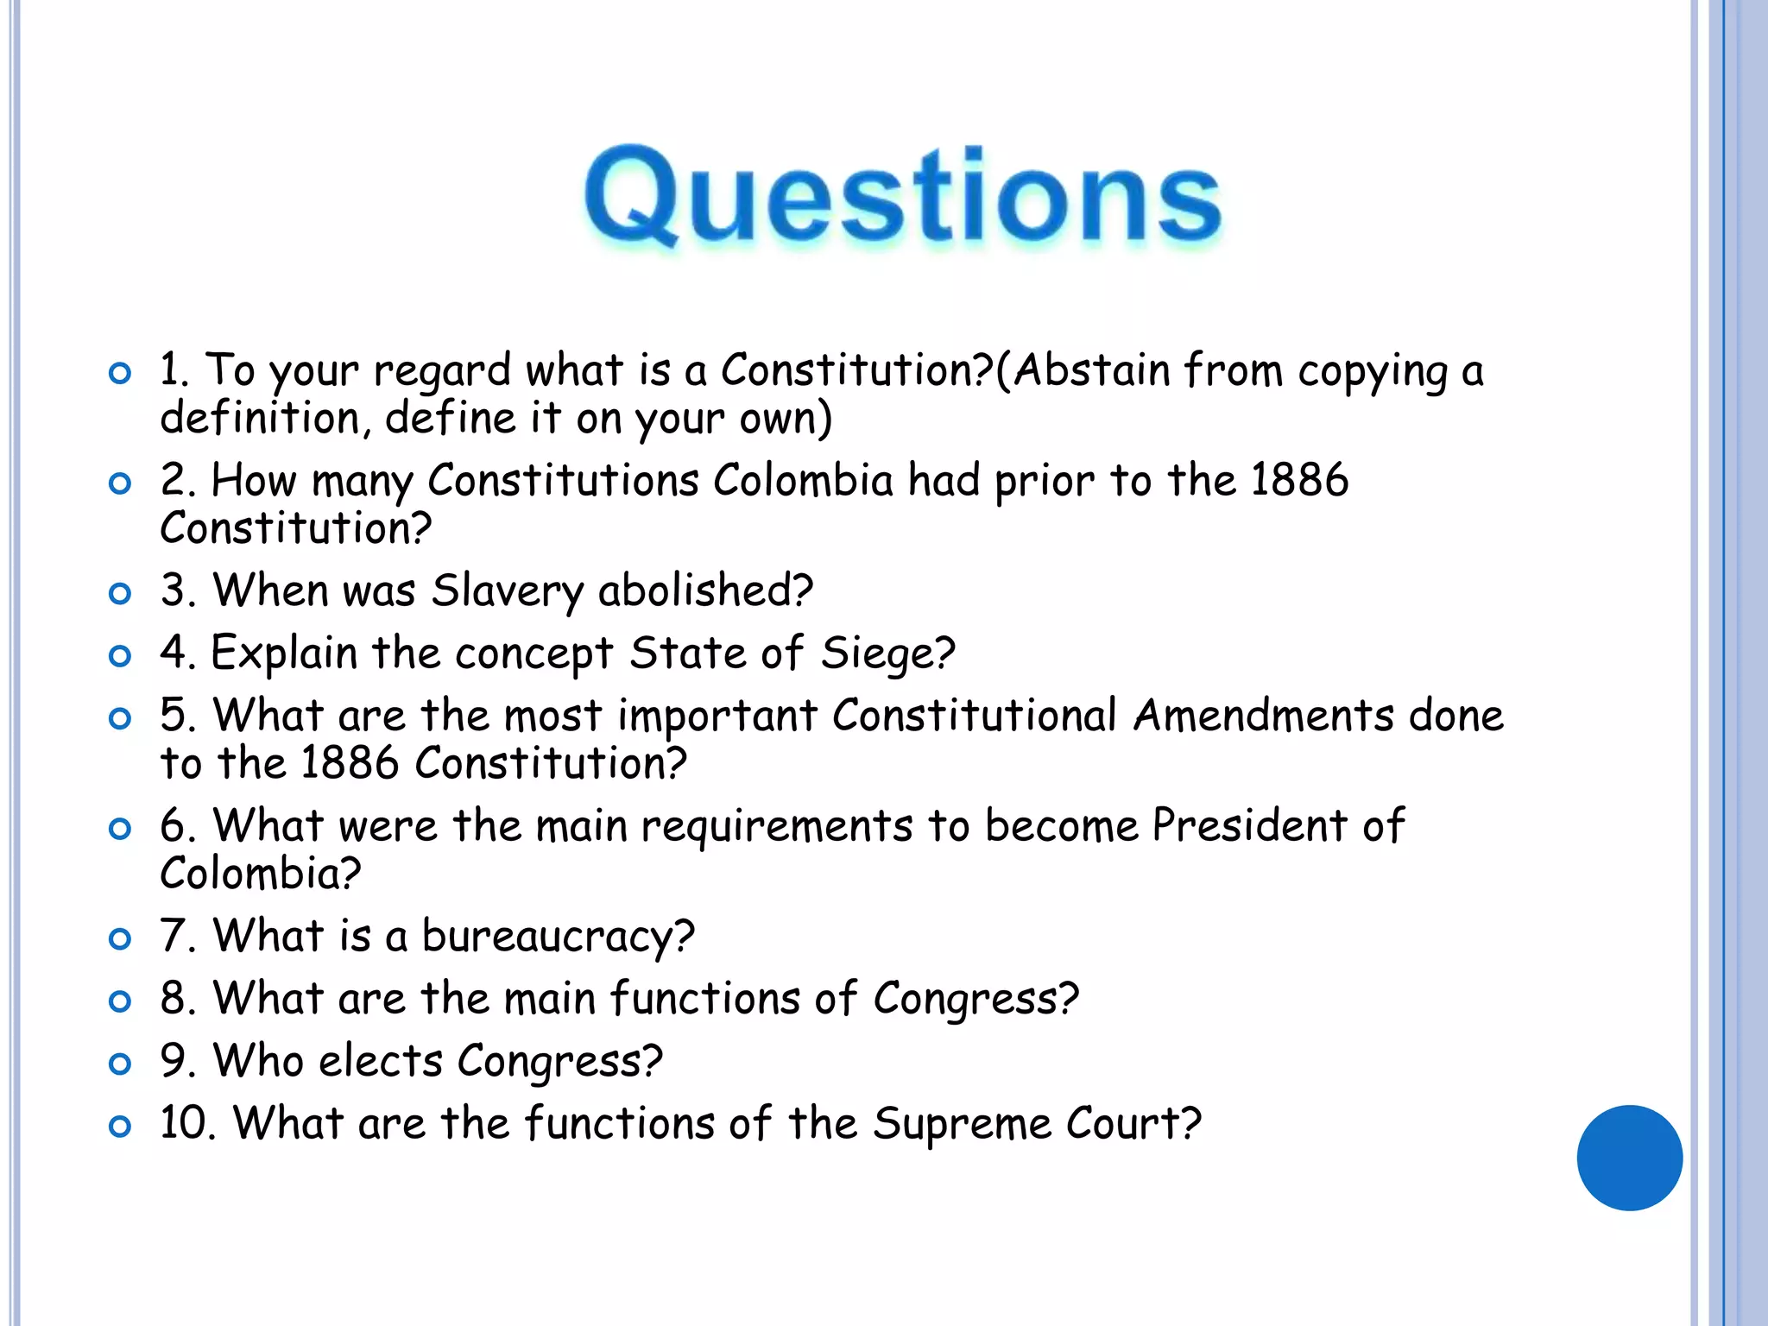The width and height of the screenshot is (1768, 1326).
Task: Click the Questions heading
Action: click(902, 196)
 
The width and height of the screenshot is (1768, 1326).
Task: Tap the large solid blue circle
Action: click(1629, 1158)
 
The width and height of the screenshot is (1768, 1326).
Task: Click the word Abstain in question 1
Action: click(1091, 370)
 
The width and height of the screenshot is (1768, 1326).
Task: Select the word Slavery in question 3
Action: click(508, 591)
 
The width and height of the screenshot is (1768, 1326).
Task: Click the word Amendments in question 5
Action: click(1264, 716)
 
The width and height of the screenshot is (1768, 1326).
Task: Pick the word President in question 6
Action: click(1249, 825)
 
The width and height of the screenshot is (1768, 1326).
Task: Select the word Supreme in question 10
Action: click(962, 1123)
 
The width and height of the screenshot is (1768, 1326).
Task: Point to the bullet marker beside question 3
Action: click(120, 594)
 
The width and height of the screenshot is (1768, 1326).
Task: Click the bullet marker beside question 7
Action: click(120, 939)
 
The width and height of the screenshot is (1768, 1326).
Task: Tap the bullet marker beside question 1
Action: click(120, 373)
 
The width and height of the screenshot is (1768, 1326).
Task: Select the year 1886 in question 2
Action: click(1298, 480)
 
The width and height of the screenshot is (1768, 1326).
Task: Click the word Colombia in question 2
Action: click(803, 480)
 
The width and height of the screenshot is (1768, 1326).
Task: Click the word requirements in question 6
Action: click(776, 827)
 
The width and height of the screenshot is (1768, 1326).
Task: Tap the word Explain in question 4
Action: click(284, 654)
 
